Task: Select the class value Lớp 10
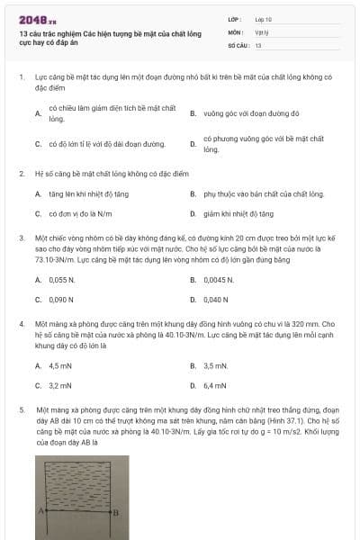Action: tap(264, 18)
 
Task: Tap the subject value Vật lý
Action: tap(261, 31)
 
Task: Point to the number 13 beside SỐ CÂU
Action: tap(258, 44)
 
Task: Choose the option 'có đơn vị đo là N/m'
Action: tap(81, 214)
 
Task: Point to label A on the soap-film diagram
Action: tap(39, 510)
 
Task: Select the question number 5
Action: tap(22, 409)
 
